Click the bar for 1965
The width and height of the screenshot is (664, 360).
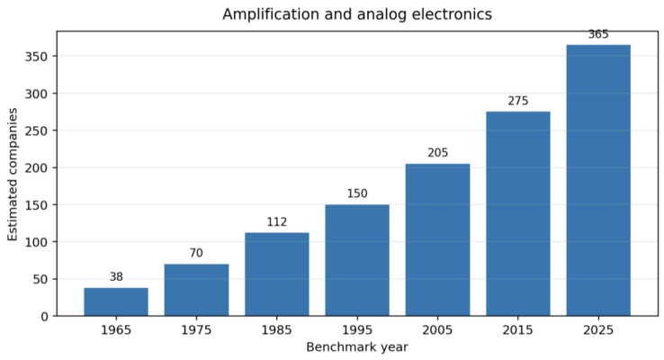click(116, 301)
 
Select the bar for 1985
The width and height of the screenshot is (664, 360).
click(277, 274)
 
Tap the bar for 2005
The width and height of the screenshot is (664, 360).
click(437, 239)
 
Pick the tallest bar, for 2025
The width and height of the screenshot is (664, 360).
click(598, 180)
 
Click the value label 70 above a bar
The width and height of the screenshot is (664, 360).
click(196, 253)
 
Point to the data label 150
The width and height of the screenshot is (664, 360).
click(357, 193)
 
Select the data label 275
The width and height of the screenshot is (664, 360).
click(518, 101)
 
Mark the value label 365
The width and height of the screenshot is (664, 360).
click(598, 34)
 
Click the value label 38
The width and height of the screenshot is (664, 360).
click(116, 276)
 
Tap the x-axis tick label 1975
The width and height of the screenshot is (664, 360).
click(196, 330)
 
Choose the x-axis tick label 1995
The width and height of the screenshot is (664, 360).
click(357, 330)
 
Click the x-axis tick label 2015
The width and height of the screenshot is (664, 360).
click(518, 330)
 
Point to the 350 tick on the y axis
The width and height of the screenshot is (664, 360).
click(37, 57)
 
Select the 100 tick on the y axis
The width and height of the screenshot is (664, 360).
click(37, 242)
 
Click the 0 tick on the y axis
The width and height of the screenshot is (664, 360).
click(45, 317)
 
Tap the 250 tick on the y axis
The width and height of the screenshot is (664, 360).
click(37, 130)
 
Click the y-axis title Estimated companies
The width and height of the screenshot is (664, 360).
click(13, 174)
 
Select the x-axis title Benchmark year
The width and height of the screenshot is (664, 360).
click(357, 347)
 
